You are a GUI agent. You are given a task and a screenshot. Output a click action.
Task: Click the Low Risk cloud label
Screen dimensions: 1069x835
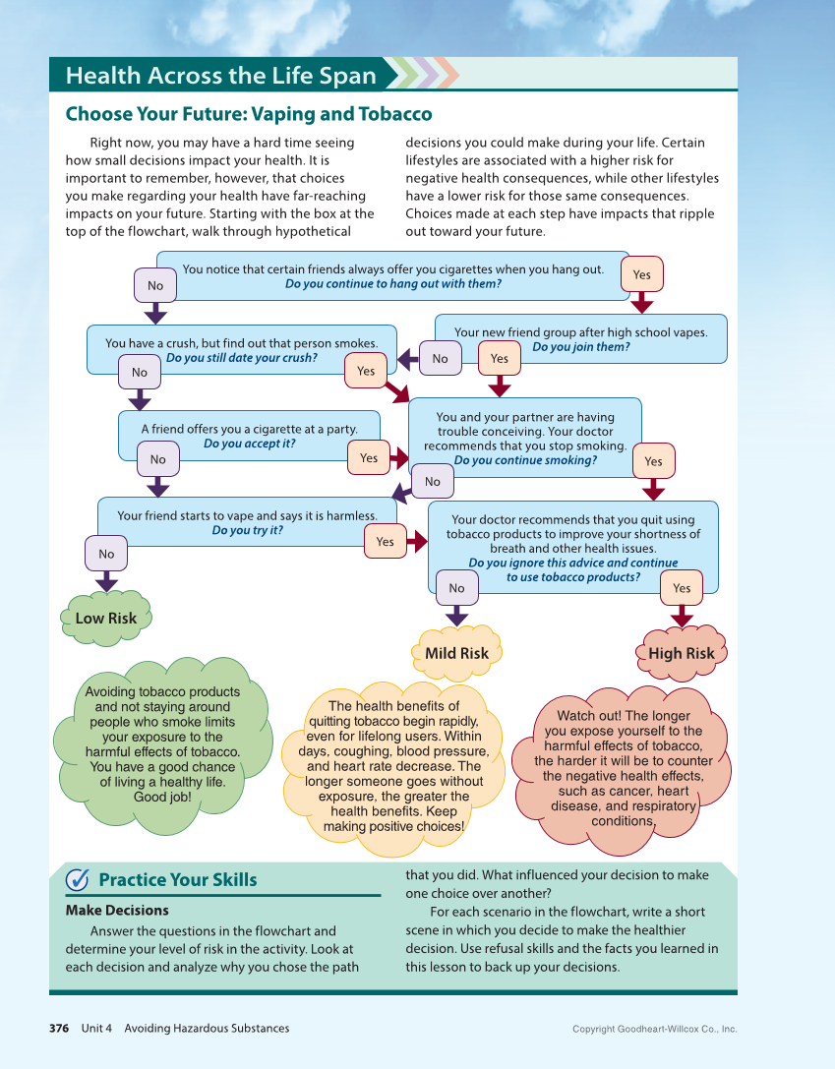click(x=106, y=618)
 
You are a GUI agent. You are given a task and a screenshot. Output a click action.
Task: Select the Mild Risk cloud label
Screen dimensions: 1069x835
click(x=456, y=653)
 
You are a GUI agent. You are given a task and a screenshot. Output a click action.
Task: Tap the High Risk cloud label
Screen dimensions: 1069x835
click(x=681, y=653)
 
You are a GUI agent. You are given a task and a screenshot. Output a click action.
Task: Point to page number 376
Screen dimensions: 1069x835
click(x=59, y=1029)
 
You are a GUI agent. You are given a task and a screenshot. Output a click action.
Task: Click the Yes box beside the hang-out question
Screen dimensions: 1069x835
click(x=642, y=275)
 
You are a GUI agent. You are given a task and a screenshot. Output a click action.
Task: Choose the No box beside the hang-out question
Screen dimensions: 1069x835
click(x=155, y=285)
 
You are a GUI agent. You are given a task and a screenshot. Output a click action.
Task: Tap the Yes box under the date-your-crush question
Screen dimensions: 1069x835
click(x=366, y=371)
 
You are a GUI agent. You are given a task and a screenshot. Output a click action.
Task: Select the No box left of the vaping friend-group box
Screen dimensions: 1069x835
click(x=440, y=359)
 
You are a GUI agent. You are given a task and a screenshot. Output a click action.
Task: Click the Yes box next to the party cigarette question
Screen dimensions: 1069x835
click(x=369, y=457)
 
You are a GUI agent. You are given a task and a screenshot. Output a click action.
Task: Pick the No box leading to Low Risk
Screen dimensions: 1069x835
click(x=106, y=554)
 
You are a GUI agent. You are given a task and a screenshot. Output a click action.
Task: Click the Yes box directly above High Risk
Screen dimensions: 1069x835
click(x=682, y=588)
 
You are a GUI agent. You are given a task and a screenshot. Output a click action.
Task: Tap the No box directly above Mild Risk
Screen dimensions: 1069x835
click(x=456, y=588)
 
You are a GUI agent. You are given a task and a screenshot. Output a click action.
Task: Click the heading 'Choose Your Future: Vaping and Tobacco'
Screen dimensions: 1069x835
click(x=249, y=114)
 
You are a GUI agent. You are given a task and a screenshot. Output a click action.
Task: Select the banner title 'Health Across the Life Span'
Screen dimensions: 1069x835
click(x=221, y=76)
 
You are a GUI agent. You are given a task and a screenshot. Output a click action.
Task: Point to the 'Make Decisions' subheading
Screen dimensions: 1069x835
click(x=117, y=910)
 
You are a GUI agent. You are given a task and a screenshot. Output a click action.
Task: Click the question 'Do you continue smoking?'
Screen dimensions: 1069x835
click(x=525, y=459)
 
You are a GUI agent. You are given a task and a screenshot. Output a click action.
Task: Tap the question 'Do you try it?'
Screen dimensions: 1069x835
click(x=248, y=530)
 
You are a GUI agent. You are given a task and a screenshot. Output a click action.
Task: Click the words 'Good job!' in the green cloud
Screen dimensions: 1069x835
click(x=162, y=797)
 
